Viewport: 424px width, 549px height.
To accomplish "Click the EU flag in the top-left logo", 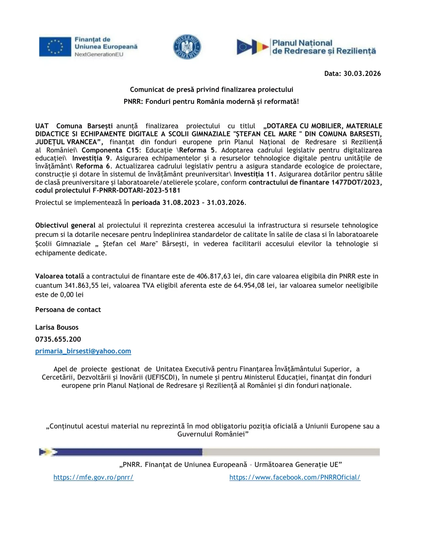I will click(55, 47).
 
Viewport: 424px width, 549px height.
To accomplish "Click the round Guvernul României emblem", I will click(187, 47).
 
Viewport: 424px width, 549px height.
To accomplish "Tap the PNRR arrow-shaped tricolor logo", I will click(252, 47).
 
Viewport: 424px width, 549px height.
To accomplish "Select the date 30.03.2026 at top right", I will click(362, 74).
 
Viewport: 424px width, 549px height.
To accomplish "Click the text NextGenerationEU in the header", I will click(99, 54).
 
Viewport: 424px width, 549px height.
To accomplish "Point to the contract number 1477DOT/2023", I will click(356, 183).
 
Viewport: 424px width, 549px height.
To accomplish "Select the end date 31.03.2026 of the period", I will click(226, 203).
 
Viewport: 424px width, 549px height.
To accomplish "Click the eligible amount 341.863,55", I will click(81, 286).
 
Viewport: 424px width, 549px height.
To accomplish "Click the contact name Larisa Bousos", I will click(57, 328).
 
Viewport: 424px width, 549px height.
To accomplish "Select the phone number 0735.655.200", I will click(58, 339).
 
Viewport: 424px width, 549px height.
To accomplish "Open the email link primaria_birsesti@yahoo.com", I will click(83, 351).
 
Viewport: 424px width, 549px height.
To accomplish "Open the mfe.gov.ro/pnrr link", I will click(93, 477).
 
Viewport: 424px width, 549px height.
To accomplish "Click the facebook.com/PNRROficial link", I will click(295, 477).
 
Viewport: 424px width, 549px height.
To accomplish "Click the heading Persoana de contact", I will click(68, 310).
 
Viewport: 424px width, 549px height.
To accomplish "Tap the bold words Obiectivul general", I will click(65, 226).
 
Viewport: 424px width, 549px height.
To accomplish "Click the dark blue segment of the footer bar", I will click(130, 452).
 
